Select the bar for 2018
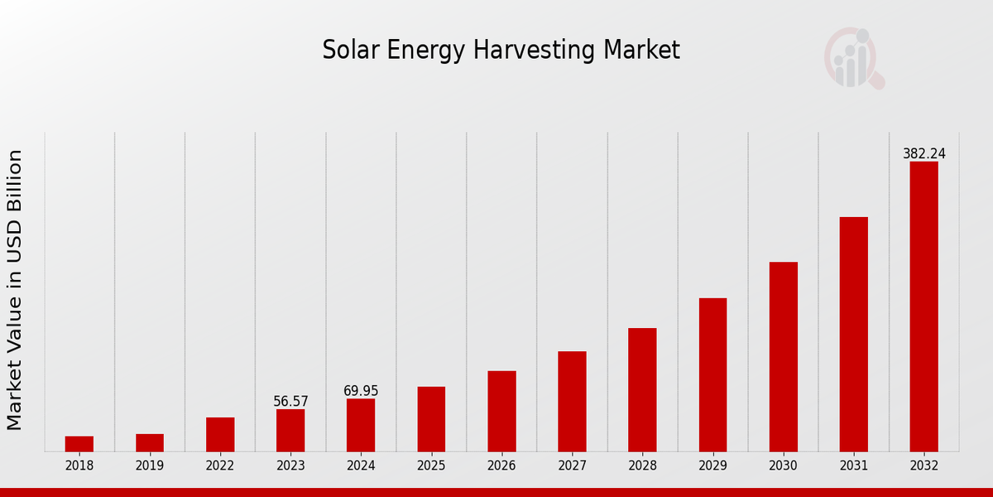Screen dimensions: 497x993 click(79, 444)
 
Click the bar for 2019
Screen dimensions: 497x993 click(150, 443)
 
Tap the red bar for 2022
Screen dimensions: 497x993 click(220, 435)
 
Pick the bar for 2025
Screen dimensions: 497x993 click(431, 419)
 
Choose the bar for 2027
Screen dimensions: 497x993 click(572, 402)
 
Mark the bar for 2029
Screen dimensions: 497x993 click(712, 375)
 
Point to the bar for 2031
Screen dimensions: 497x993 click(853, 335)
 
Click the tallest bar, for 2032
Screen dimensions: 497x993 click(923, 306)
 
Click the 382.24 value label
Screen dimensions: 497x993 click(923, 154)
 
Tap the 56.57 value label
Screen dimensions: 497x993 click(290, 402)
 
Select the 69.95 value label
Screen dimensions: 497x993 click(361, 391)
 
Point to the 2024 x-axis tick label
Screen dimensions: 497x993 click(361, 466)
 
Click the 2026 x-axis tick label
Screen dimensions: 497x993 click(501, 466)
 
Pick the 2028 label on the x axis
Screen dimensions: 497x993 click(642, 466)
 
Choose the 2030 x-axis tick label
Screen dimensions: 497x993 click(783, 466)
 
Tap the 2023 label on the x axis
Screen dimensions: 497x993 click(290, 466)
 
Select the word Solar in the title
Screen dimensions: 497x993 click(347, 51)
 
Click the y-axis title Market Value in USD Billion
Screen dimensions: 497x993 click(15, 290)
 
